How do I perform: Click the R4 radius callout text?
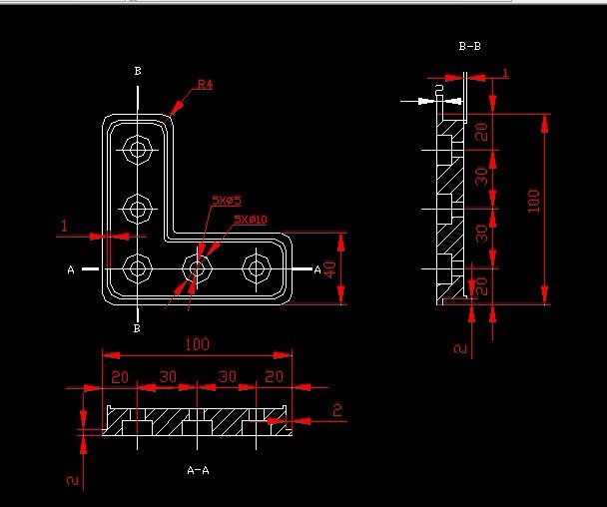[205, 85]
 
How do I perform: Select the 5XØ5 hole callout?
[226, 201]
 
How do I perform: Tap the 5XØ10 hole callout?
[250, 219]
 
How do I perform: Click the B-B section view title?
[469, 46]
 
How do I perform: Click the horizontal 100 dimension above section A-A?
[197, 344]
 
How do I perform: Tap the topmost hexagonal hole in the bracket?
[136, 151]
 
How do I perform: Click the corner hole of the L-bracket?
[136, 268]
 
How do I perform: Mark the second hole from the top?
[136, 210]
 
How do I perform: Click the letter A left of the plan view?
[71, 269]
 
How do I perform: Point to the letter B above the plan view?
[137, 71]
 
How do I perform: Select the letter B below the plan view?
[137, 328]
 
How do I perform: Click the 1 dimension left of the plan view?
[64, 227]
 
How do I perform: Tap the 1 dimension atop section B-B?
[505, 73]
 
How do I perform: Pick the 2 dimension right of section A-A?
[337, 409]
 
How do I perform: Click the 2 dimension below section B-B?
[459, 348]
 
